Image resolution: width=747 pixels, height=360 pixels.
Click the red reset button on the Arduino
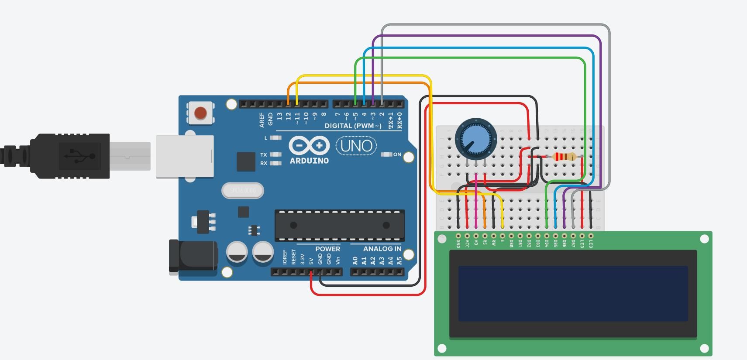point(200,113)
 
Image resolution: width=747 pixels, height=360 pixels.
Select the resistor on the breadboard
point(564,157)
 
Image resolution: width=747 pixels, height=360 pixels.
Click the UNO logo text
point(356,146)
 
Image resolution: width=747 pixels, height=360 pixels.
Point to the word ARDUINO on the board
point(309,161)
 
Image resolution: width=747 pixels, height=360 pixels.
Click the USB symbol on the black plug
point(79,156)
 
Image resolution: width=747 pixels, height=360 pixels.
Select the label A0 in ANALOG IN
point(355,261)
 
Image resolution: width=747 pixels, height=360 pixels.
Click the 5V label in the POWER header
point(311,261)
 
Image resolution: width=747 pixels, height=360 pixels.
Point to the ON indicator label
point(397,154)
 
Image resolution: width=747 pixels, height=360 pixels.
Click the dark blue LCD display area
point(573,293)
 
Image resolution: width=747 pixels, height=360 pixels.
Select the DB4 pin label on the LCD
point(547,243)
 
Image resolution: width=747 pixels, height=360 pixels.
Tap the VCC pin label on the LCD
point(467,243)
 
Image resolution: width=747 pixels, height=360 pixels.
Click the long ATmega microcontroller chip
point(339,225)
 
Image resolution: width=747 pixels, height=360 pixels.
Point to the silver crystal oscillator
point(243,191)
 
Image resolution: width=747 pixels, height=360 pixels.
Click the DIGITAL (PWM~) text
point(353,126)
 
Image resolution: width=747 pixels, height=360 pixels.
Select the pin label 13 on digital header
point(279,117)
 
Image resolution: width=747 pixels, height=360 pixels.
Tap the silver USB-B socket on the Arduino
point(185,156)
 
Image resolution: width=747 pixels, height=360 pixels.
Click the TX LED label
point(263,155)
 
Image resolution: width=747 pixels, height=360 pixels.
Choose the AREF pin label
point(262,120)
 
